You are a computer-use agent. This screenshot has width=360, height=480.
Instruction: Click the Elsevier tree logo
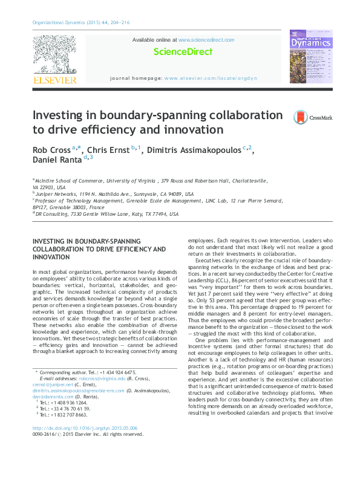pyautogui.click(x=54, y=56)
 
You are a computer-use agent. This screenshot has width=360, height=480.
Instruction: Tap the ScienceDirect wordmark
pyautogui.click(x=183, y=52)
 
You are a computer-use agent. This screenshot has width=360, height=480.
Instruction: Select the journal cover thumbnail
pyautogui.click(x=310, y=56)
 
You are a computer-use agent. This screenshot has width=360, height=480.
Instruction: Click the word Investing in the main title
pyautogui.click(x=58, y=115)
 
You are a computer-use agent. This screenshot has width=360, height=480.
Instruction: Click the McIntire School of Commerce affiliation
pyautogui.click(x=73, y=181)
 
